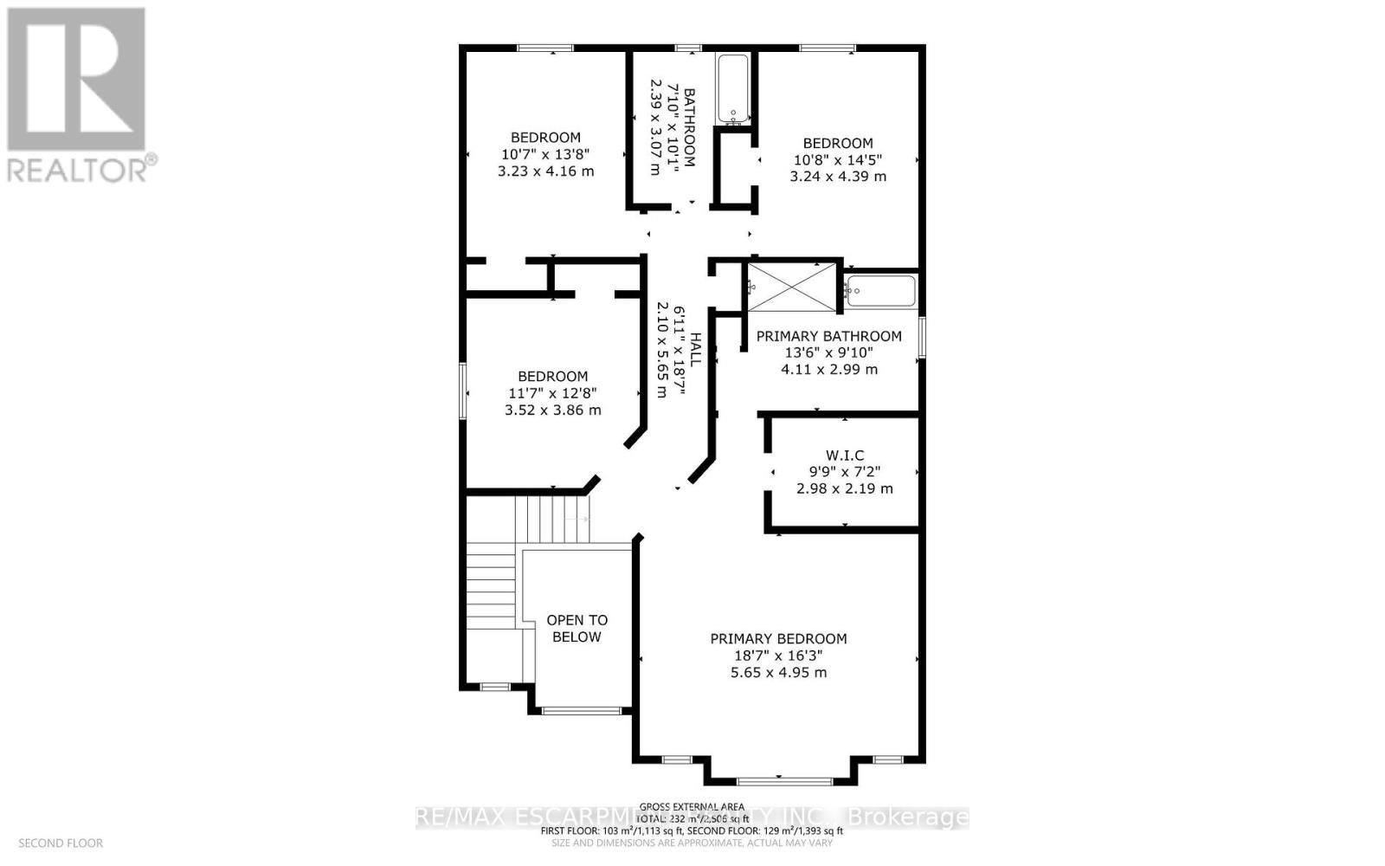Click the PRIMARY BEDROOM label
point(778,638)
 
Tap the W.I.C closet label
point(844,456)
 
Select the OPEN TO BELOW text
point(577,629)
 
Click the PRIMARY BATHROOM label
point(828,336)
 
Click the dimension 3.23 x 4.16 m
point(545,171)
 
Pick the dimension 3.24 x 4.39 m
point(838,176)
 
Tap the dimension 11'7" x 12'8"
point(552,393)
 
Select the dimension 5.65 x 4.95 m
point(778,672)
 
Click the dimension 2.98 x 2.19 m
point(844,488)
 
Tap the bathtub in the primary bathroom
point(880,292)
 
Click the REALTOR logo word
point(78,169)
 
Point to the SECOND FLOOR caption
point(61,843)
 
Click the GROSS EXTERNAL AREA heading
point(692,807)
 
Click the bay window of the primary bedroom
point(778,780)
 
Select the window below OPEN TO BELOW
point(581,711)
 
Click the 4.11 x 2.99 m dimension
point(828,369)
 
